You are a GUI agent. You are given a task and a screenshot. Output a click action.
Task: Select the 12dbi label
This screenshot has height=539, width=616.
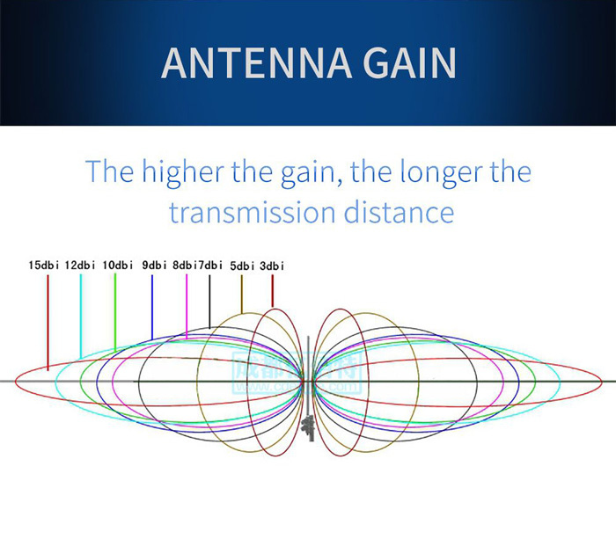(x=80, y=265)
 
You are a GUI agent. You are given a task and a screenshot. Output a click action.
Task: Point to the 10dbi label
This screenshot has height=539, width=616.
(x=117, y=265)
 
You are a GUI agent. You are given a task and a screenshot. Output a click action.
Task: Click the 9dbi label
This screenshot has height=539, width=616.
(x=154, y=265)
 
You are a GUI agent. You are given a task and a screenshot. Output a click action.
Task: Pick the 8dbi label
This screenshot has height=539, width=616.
(x=184, y=265)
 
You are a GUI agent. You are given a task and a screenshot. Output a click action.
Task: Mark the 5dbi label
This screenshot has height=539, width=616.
(x=242, y=265)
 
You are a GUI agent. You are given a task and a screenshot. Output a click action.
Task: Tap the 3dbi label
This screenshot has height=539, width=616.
(x=272, y=265)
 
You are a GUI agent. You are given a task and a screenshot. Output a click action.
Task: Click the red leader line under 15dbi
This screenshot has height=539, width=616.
(x=48, y=317)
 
